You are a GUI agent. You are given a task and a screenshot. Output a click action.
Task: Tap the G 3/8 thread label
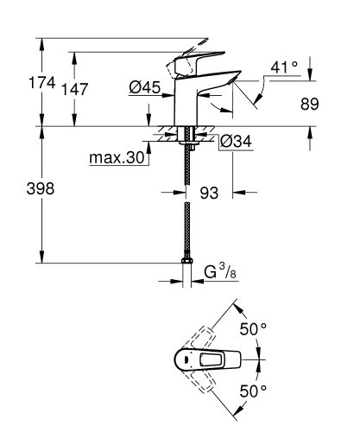pos(218,276)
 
